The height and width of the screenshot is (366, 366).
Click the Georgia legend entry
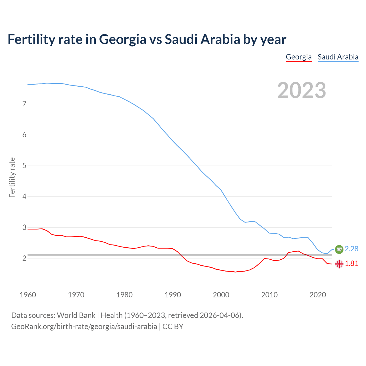299,57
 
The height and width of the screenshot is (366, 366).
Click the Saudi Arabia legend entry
338,57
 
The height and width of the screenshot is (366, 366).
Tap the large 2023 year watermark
301,90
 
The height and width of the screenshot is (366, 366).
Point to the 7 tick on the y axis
24,104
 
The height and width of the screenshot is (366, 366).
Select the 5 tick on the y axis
24,166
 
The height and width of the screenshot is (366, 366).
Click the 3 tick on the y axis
24,227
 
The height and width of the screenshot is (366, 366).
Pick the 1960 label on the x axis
28,295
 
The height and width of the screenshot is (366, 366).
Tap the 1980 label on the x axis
124,295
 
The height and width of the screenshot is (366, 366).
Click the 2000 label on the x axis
221,295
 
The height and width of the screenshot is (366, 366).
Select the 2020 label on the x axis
318,295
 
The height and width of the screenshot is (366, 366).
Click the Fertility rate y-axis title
12,177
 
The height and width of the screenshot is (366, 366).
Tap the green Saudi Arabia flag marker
339,249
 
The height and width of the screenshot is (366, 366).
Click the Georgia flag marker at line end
339,264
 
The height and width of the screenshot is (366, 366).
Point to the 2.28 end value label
351,249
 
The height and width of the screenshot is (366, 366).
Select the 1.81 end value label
351,264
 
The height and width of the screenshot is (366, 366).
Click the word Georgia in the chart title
123,39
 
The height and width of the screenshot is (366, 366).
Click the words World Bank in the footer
76,315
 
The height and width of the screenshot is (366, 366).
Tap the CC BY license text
173,327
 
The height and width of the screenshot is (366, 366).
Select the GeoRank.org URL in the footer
84,327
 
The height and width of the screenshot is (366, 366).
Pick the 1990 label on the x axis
173,295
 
